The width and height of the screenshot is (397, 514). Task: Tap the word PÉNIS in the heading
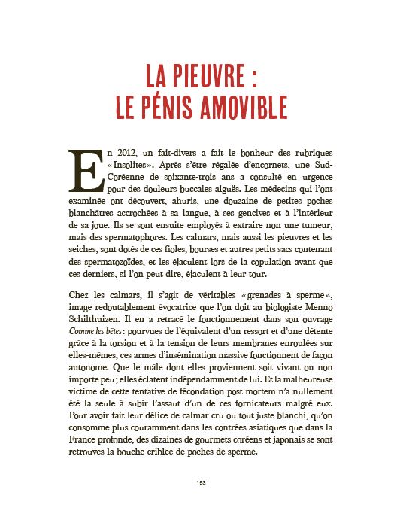click(158, 106)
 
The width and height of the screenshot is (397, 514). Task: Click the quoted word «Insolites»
click(129, 165)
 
